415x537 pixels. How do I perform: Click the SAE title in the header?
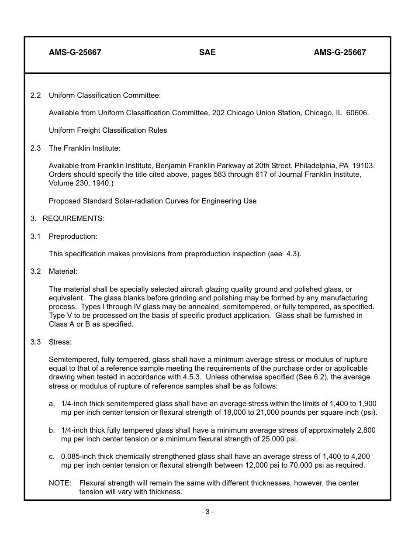pyautogui.click(x=207, y=52)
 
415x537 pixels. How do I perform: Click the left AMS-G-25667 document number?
pyautogui.click(x=75, y=52)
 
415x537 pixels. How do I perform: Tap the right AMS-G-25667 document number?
pyautogui.click(x=339, y=52)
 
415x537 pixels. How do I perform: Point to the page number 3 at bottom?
pyautogui.click(x=207, y=512)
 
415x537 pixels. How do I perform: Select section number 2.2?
pyautogui.click(x=35, y=95)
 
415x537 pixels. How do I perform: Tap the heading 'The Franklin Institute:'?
pyautogui.click(x=84, y=148)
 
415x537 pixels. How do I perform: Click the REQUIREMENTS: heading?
pyautogui.click(x=73, y=219)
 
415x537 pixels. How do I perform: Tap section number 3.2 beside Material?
pyautogui.click(x=35, y=271)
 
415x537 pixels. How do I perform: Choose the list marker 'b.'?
pyautogui.click(x=52, y=430)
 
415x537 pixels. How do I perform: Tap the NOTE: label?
pyautogui.click(x=60, y=483)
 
